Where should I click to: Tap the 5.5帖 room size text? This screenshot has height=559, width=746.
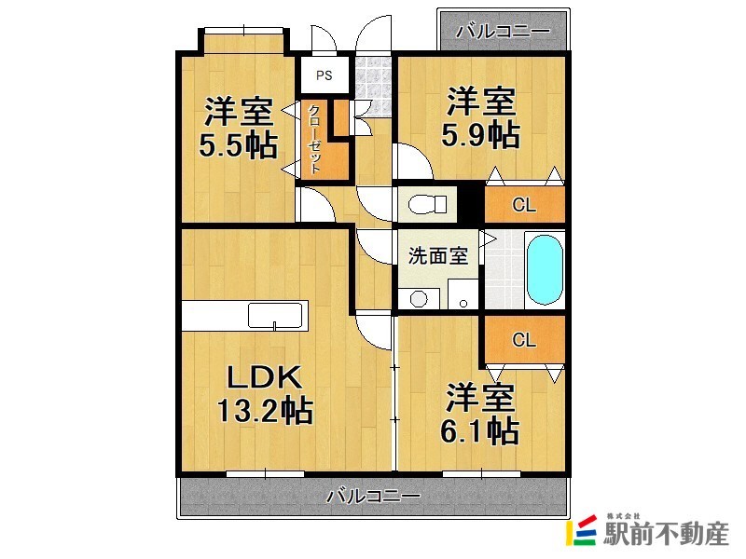click(x=238, y=145)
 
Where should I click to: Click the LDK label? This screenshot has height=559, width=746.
click(x=264, y=377)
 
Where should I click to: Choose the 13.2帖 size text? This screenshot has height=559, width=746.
click(x=264, y=410)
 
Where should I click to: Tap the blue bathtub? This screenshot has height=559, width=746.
click(x=545, y=270)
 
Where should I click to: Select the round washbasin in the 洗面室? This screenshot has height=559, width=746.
click(x=419, y=298)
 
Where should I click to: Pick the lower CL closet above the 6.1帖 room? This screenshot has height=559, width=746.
click(x=524, y=340)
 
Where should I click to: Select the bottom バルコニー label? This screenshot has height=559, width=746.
click(x=373, y=496)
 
